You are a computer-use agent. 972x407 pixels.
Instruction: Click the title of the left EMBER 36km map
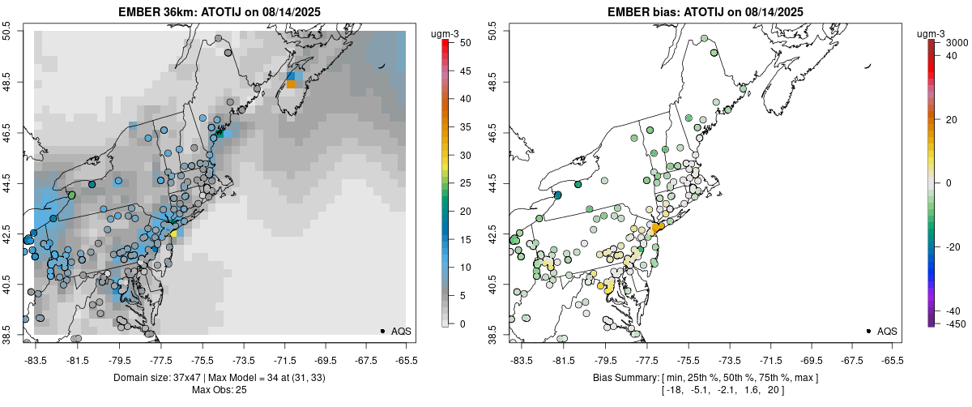tap(220, 11)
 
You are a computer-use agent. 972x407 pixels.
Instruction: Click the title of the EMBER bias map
tap(706, 11)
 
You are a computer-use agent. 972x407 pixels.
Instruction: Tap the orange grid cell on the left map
tap(291, 84)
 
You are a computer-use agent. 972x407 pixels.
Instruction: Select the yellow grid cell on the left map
tap(173, 233)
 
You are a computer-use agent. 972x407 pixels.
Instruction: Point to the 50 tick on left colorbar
tap(465, 43)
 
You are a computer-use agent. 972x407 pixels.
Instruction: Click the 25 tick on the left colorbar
tap(465, 183)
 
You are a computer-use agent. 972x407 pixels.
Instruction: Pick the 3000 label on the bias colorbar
tap(957, 43)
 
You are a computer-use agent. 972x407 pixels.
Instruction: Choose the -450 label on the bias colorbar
tap(956, 324)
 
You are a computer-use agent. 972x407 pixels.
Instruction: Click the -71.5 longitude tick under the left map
tap(284, 361)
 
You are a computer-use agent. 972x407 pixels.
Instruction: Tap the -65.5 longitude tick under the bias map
tap(892, 361)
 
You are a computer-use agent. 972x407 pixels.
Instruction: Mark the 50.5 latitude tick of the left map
tap(7, 31)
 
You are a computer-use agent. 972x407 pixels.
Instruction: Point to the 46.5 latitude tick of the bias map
tap(492, 133)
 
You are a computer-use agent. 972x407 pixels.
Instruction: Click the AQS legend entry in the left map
tap(396, 332)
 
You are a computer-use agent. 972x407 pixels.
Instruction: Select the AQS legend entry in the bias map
tap(882, 332)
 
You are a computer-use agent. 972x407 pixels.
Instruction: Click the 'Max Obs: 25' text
tap(220, 390)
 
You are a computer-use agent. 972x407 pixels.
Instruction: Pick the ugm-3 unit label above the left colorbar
tap(445, 34)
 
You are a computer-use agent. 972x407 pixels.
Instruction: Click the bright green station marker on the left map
tap(71, 195)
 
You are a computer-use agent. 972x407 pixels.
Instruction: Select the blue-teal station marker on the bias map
tap(557, 195)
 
